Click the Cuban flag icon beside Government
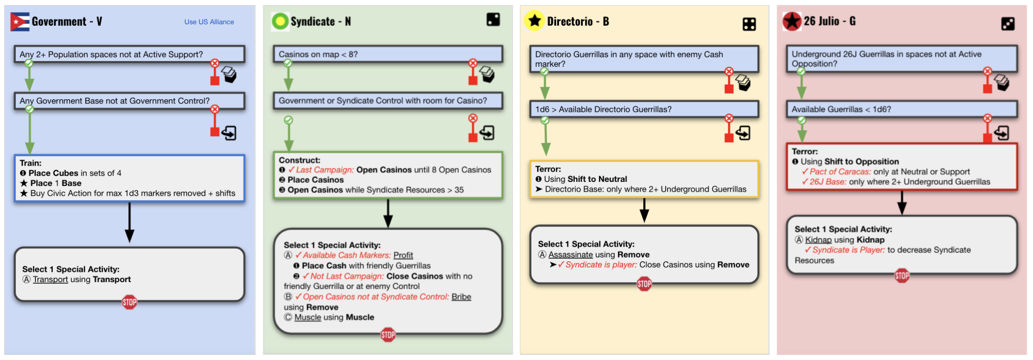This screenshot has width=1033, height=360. [20, 21]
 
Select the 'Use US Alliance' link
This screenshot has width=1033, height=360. [209, 22]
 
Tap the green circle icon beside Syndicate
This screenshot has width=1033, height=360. [280, 21]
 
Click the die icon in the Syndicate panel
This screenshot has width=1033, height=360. [493, 20]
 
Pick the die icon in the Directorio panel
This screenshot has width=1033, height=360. [749, 24]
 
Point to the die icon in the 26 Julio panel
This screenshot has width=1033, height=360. [1008, 24]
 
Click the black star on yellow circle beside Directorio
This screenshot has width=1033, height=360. [535, 21]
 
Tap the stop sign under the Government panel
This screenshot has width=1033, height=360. [130, 302]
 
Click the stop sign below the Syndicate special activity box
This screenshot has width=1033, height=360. [388, 334]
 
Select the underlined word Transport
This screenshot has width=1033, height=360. [50, 279]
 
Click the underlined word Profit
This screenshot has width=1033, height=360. [403, 255]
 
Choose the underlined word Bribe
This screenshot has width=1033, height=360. [461, 297]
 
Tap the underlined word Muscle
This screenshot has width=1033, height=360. [308, 317]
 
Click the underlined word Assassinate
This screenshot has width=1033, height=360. [571, 255]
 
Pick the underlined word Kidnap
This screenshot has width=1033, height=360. [818, 240]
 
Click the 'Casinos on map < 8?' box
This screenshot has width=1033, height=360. [388, 54]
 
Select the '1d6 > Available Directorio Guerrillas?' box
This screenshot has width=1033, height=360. [644, 109]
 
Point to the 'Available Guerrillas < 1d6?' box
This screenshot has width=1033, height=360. [902, 109]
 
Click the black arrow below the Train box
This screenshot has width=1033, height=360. [130, 222]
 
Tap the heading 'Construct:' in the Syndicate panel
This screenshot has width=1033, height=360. [299, 160]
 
